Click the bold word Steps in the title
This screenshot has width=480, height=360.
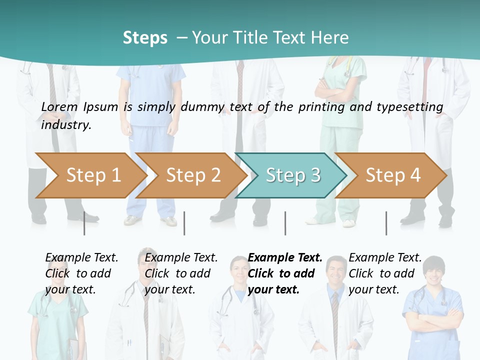pyautogui.click(x=145, y=37)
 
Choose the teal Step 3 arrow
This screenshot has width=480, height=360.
pyautogui.click(x=293, y=175)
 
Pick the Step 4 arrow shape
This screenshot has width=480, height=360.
pyautogui.click(x=393, y=175)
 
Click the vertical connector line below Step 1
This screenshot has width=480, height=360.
pyautogui.click(x=84, y=223)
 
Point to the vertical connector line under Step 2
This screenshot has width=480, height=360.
pyautogui.click(x=184, y=223)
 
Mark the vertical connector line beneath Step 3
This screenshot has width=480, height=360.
pyautogui.click(x=285, y=223)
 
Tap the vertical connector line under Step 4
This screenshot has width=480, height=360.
pyautogui.click(x=386, y=223)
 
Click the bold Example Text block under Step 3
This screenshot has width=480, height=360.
pyautogui.click(x=285, y=273)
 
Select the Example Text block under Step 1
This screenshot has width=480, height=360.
pyautogui.click(x=81, y=273)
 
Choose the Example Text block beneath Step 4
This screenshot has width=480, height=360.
pyautogui.click(x=385, y=273)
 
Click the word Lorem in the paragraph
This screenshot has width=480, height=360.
pyautogui.click(x=59, y=106)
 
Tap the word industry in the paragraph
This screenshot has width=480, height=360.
pyautogui.click(x=66, y=125)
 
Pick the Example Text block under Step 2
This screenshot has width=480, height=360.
pyautogui.click(x=181, y=273)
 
